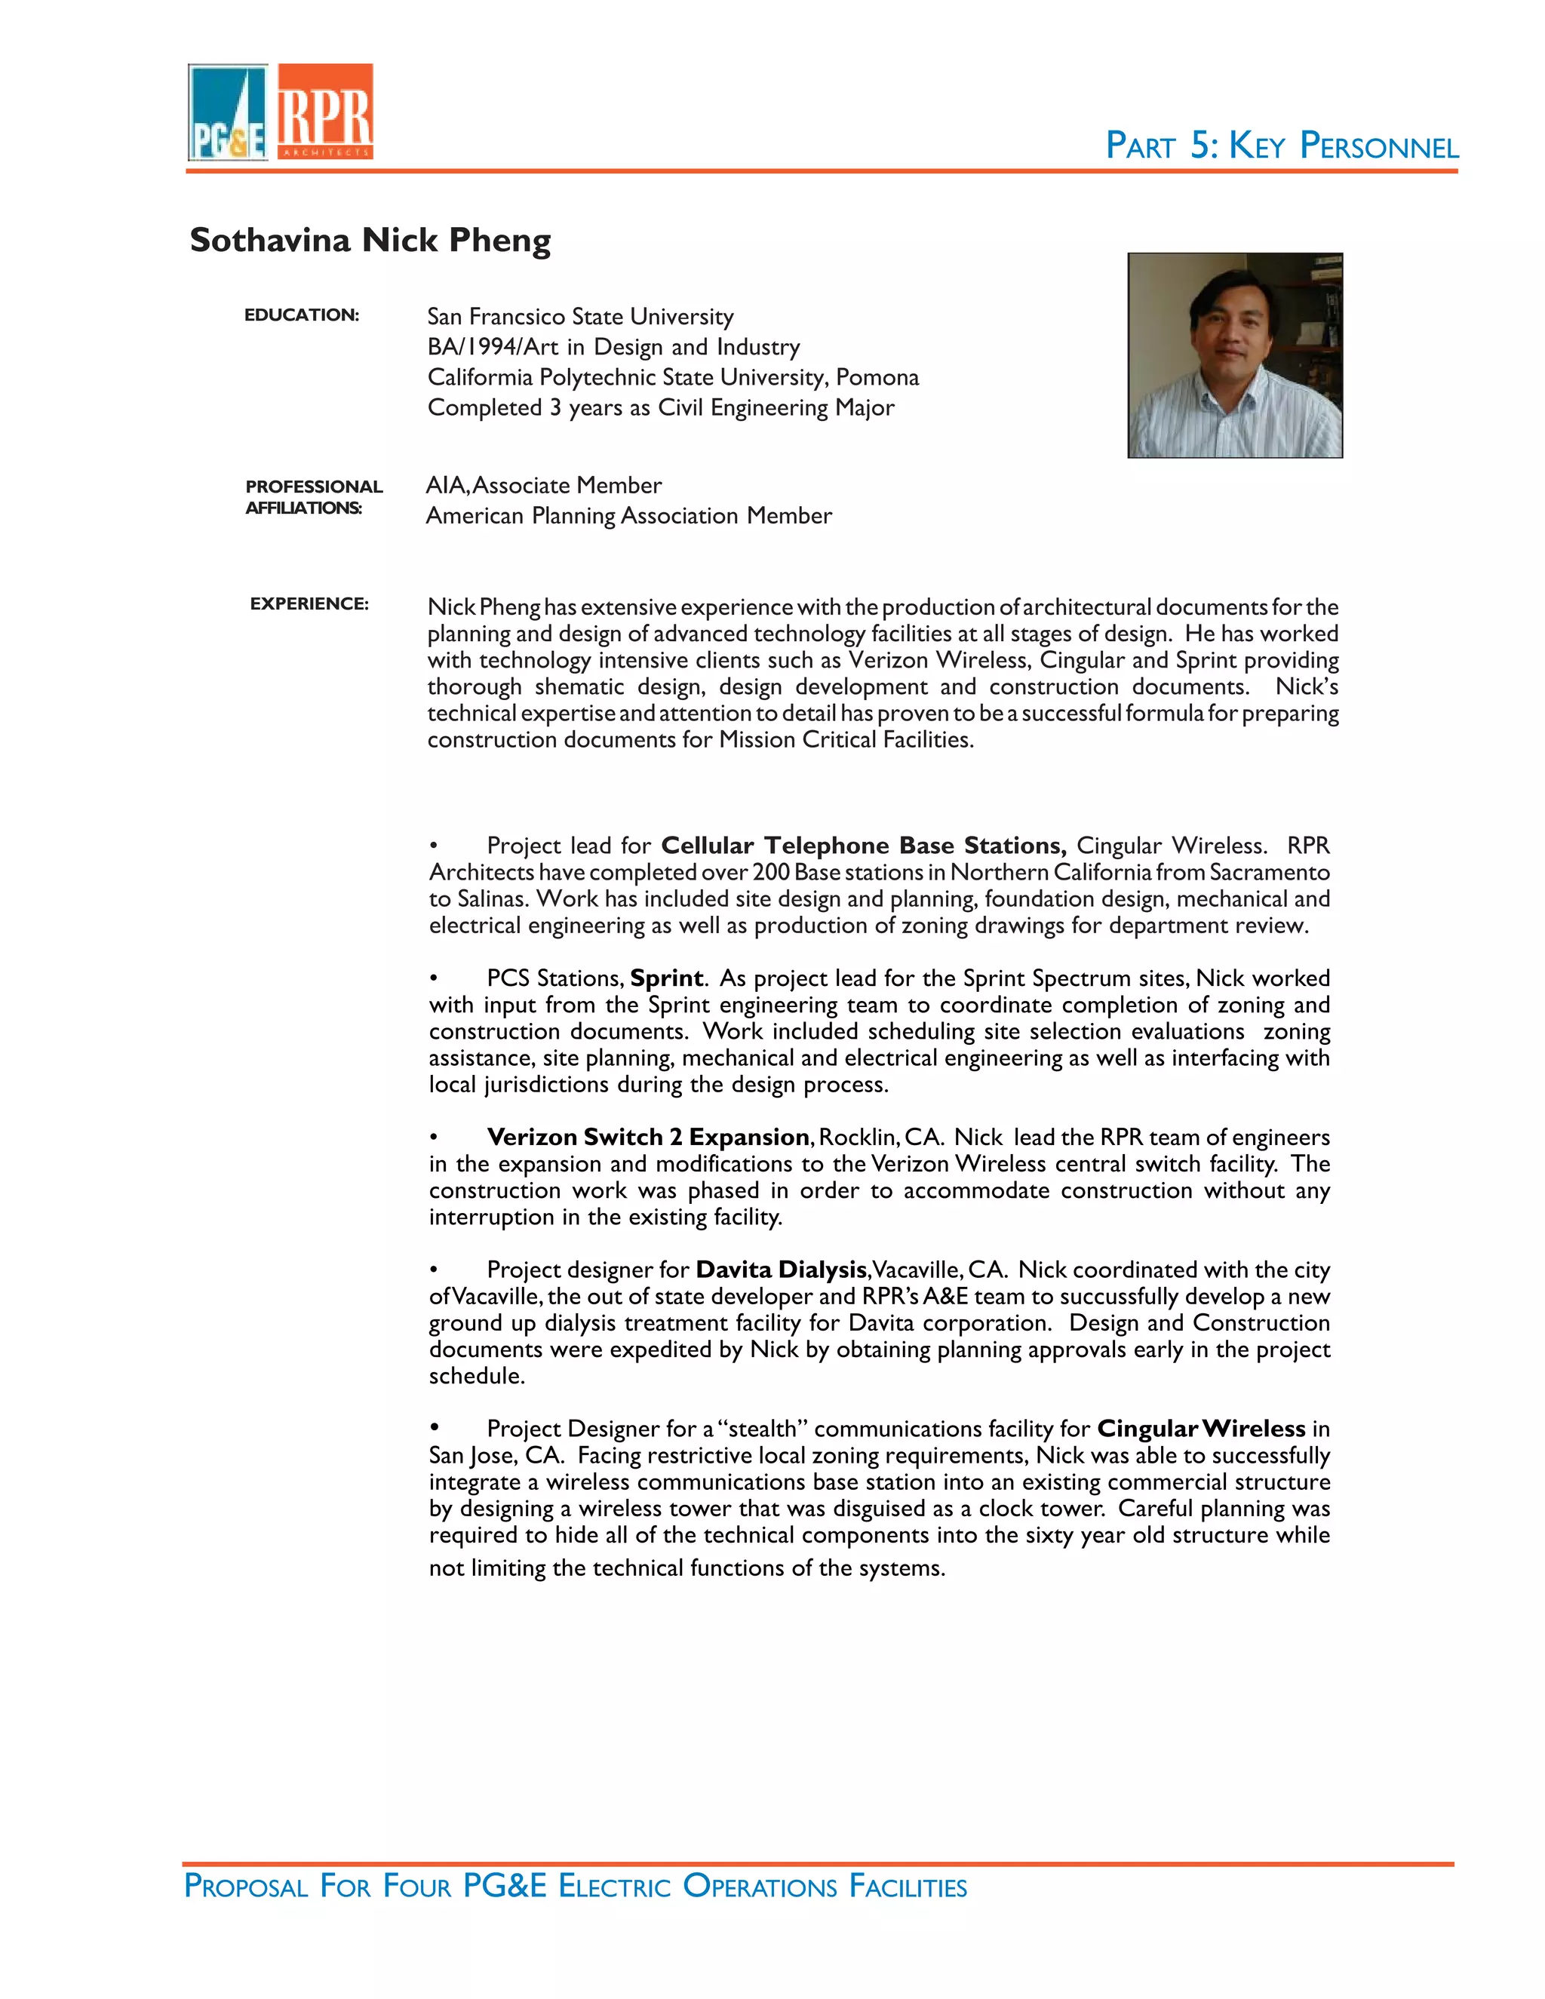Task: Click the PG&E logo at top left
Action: (228, 112)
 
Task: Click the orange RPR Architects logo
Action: (325, 112)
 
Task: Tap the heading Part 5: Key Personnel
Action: (1282, 146)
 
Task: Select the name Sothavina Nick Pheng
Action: (370, 240)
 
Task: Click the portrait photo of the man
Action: (1235, 355)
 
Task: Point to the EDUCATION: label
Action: (301, 315)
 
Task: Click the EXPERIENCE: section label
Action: (309, 604)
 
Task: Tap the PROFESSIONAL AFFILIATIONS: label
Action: (313, 497)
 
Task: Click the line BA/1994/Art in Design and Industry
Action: (613, 347)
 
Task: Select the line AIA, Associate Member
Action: (544, 485)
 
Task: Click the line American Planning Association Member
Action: (629, 516)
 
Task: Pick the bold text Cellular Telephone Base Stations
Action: (863, 846)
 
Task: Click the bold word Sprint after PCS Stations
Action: (666, 978)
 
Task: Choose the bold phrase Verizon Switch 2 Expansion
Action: (648, 1138)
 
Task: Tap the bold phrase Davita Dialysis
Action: (781, 1270)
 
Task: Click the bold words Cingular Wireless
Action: (1201, 1429)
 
